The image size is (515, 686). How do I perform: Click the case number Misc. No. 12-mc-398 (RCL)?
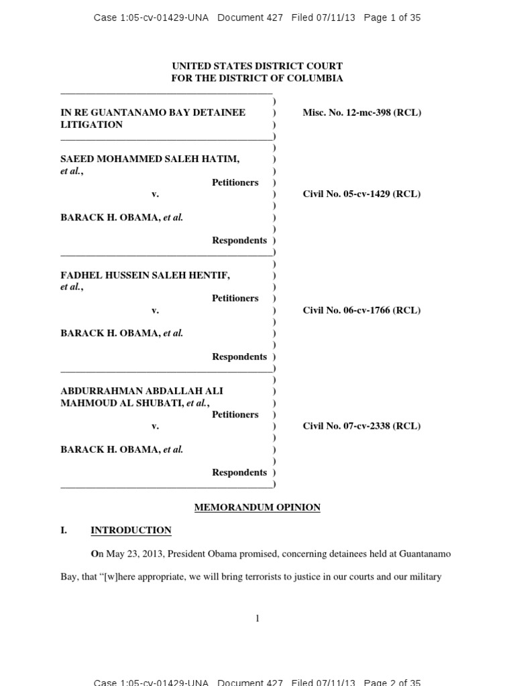361,113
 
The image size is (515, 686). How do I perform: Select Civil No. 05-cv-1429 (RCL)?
361,194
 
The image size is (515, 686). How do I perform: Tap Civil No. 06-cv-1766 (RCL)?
361,310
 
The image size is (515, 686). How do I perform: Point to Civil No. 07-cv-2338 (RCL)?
361,426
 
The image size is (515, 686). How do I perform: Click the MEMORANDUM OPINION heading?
257,508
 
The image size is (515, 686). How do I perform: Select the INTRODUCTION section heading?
131,531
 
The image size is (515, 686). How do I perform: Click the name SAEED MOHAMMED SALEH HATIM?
150,159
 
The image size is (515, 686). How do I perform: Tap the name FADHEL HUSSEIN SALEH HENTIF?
145,275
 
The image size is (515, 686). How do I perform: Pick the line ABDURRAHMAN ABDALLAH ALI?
141,391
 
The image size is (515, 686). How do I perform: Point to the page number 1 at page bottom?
257,618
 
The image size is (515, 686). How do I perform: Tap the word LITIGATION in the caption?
92,125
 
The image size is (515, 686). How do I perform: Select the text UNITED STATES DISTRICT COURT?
257,66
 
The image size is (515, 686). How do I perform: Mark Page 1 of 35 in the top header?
392,18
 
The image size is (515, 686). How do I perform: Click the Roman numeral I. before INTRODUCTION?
64,531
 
